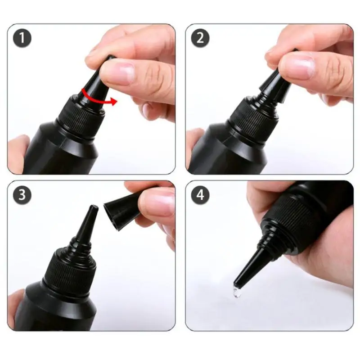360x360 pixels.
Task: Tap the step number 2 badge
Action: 200,39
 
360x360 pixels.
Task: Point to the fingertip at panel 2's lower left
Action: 194,144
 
